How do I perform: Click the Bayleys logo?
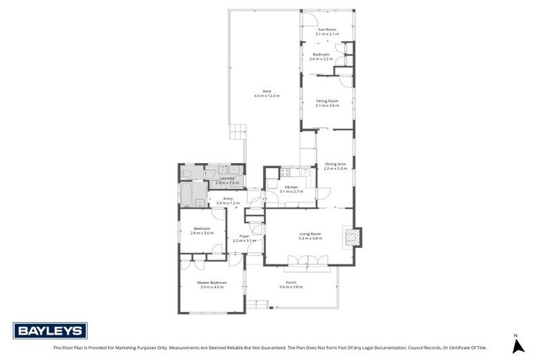click(x=50, y=330)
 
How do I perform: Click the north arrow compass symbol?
click(x=518, y=345)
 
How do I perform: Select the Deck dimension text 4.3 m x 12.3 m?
click(x=267, y=95)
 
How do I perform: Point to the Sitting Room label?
click(x=327, y=101)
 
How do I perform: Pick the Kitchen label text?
click(x=291, y=187)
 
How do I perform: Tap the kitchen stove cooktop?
click(x=285, y=172)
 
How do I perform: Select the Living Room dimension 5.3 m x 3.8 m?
click(x=310, y=238)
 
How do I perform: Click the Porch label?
click(x=290, y=283)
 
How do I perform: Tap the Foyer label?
click(x=244, y=236)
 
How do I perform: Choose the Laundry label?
click(x=226, y=179)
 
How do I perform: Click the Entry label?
click(x=228, y=199)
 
